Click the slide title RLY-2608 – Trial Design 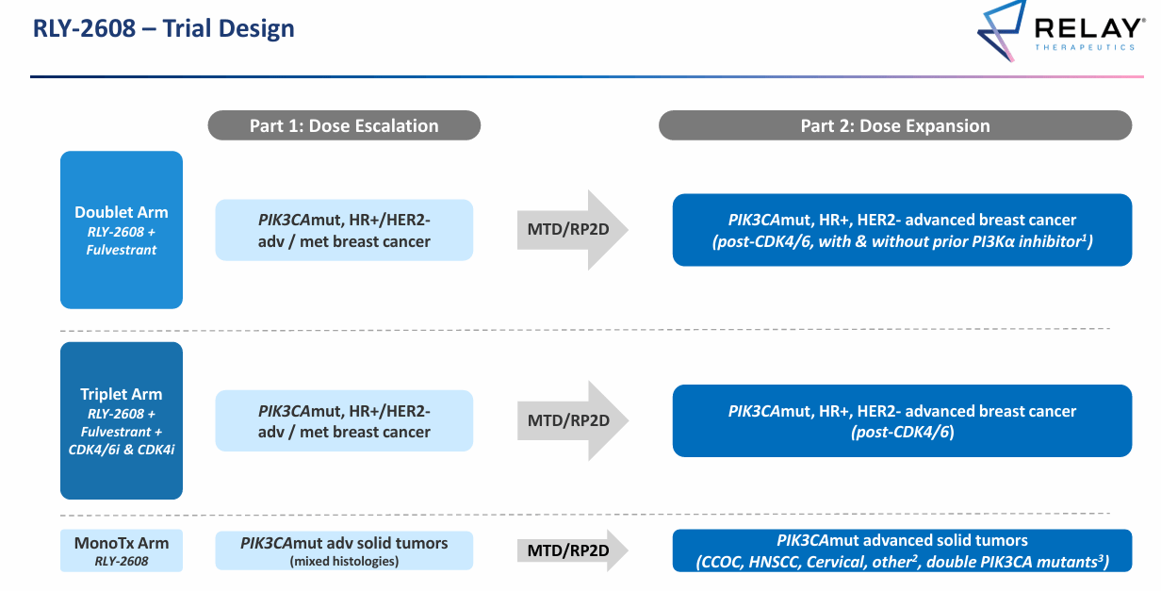point(164,28)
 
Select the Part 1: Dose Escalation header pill point(344,125)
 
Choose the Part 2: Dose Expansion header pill point(894,125)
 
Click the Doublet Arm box point(122,230)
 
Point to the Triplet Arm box point(122,420)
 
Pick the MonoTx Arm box point(122,550)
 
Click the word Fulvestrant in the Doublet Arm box point(123,250)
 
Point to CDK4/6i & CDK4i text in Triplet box point(122,450)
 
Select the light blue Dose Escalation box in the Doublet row point(344,230)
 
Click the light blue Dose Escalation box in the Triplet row point(344,420)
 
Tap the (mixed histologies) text point(344,562)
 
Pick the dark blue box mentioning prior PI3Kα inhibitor point(902,230)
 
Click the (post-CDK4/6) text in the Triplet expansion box point(902,432)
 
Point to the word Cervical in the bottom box point(844,563)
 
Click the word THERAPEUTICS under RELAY point(1084,46)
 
